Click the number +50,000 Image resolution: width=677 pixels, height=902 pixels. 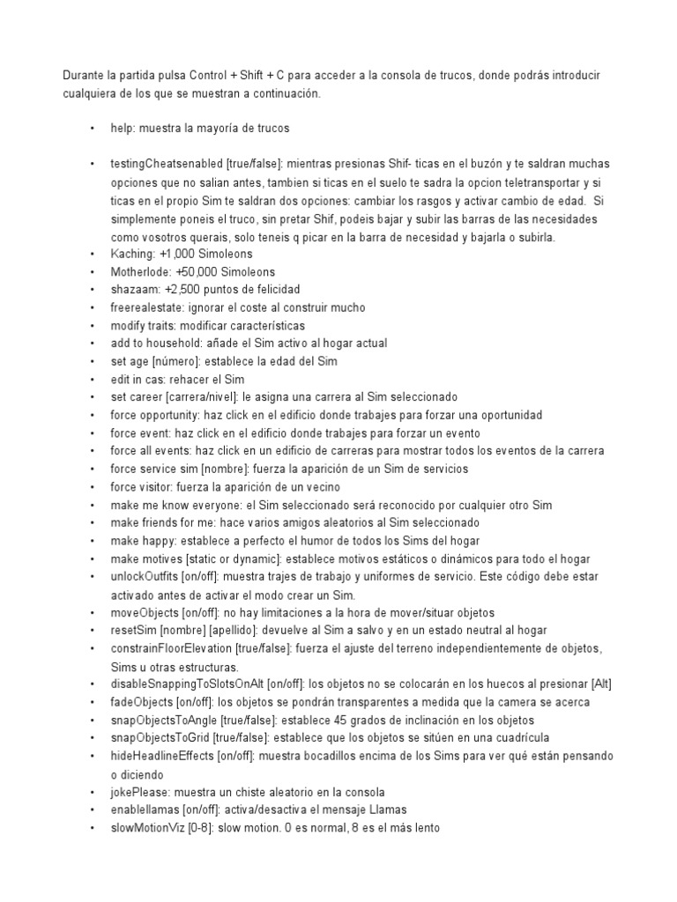[201, 271]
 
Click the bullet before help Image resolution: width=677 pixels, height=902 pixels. [92, 129]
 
